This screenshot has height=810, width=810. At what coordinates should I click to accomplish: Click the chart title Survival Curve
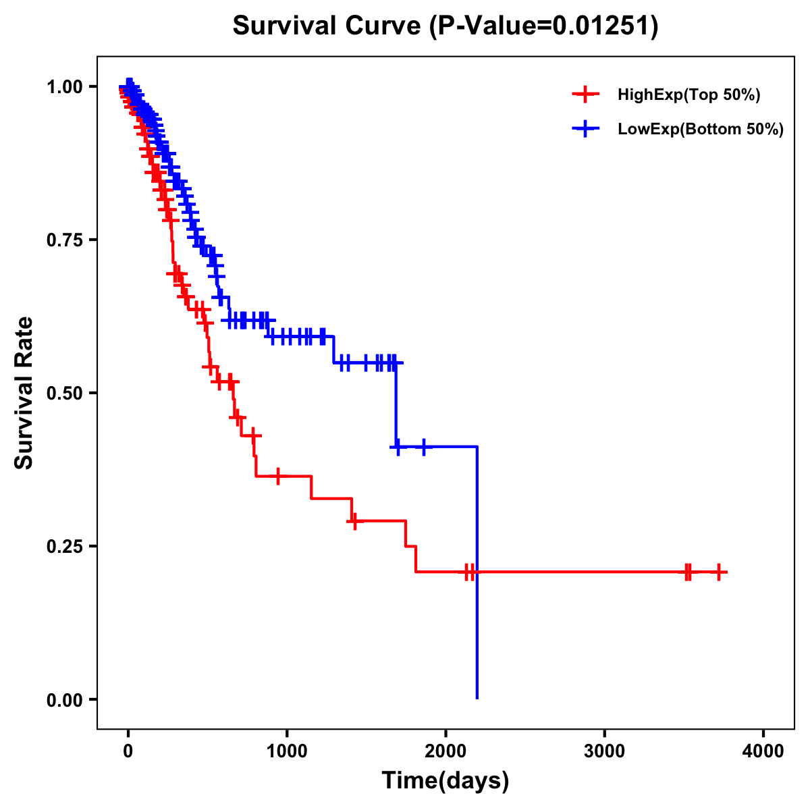coord(329,26)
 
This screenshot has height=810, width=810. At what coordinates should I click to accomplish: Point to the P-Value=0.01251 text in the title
coord(544,26)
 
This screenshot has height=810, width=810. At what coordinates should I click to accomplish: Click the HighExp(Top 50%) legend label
coord(688,95)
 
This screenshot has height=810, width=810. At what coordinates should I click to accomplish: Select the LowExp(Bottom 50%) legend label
coord(700,129)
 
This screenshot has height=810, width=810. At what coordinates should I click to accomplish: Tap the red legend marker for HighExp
coord(585,94)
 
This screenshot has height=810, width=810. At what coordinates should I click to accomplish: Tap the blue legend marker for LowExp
coord(585,128)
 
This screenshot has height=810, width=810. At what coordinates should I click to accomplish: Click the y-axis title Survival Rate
coord(24,392)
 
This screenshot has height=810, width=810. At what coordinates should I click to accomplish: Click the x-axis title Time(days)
coord(446,781)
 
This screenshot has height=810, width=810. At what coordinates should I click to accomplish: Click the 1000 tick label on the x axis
coord(287,751)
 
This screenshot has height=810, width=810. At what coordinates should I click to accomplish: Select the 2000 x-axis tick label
coord(446,751)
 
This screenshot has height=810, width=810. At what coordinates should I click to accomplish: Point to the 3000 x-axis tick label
coord(604,751)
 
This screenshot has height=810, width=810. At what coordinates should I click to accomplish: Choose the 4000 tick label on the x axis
coord(763,751)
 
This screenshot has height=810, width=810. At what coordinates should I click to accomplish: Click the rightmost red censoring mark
coord(719,572)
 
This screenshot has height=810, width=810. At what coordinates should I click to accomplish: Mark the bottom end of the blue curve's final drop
coord(477,698)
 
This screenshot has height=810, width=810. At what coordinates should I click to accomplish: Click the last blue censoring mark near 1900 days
coord(424,446)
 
